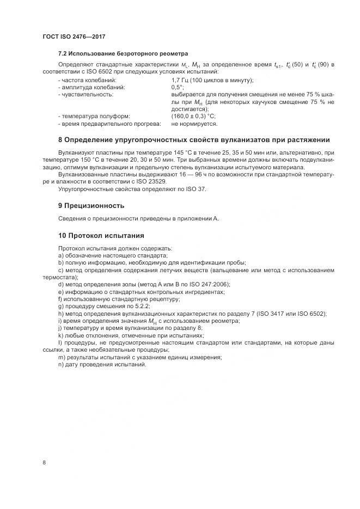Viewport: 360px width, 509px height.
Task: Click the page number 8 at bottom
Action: click(44, 463)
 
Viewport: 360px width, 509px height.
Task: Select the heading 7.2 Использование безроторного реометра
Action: click(123, 53)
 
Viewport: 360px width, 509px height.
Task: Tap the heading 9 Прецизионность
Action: click(91, 206)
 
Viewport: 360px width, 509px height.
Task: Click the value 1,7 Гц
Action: click(180, 80)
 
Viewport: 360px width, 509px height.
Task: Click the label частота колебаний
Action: click(86, 80)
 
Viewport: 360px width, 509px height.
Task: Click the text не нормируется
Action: click(192, 124)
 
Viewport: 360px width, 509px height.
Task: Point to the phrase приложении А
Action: click(199, 218)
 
